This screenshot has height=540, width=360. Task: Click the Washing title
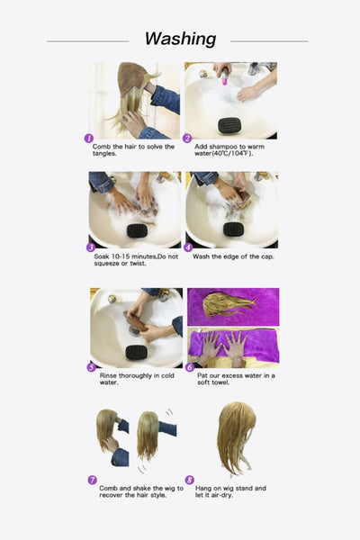[180, 39]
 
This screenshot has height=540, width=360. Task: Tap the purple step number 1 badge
[89, 139]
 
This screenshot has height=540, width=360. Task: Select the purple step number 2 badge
[187, 139]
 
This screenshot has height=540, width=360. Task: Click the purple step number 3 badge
[90, 247]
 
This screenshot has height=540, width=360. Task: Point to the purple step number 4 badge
[187, 247]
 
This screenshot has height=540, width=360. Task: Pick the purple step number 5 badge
[91, 366]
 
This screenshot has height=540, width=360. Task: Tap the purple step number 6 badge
[189, 366]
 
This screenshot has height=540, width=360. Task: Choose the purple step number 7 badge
[92, 480]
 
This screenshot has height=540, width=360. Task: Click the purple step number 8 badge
[189, 480]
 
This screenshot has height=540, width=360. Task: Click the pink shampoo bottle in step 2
[224, 79]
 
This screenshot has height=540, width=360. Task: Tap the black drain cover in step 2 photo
[230, 124]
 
